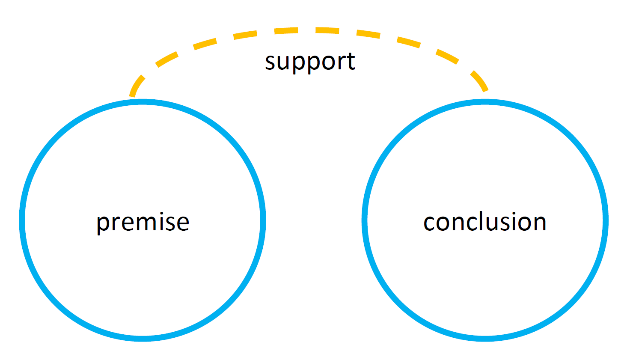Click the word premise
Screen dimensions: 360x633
click(x=143, y=222)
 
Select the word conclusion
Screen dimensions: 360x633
click(x=484, y=222)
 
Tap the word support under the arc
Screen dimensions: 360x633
click(x=310, y=62)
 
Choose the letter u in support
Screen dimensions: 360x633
click(x=284, y=62)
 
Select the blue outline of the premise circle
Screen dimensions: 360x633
click(x=22, y=220)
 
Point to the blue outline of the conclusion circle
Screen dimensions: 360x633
click(x=606, y=220)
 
